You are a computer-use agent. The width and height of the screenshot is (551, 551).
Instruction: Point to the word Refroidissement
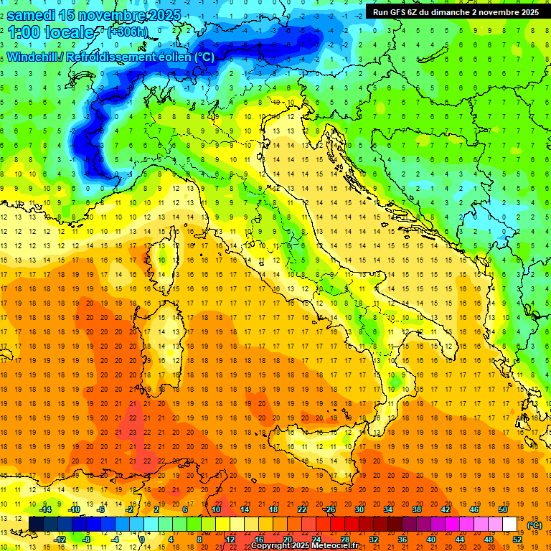pyautogui.click(x=111, y=57)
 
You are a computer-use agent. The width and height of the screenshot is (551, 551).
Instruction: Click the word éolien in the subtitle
pyautogui.click(x=175, y=57)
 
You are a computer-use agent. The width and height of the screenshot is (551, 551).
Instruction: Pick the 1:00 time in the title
pyautogui.click(x=24, y=32)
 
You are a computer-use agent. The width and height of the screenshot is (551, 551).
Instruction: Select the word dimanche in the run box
pyautogui.click(x=458, y=12)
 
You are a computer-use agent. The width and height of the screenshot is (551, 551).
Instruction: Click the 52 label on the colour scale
pyautogui.click(x=517, y=540)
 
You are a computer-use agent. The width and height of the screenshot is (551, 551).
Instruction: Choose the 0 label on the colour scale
pyautogui.click(x=142, y=540)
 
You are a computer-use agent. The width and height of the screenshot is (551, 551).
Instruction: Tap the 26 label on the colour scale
pyautogui.click(x=331, y=509)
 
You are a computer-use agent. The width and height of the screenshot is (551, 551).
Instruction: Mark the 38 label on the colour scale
pyautogui.click(x=417, y=509)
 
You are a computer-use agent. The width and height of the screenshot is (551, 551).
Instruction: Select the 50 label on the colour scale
pyautogui.click(x=503, y=509)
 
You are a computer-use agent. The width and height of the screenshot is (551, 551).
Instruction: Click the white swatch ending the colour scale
pyautogui.click(x=509, y=524)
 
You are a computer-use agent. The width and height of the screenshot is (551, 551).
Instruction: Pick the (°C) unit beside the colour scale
pyautogui.click(x=534, y=525)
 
